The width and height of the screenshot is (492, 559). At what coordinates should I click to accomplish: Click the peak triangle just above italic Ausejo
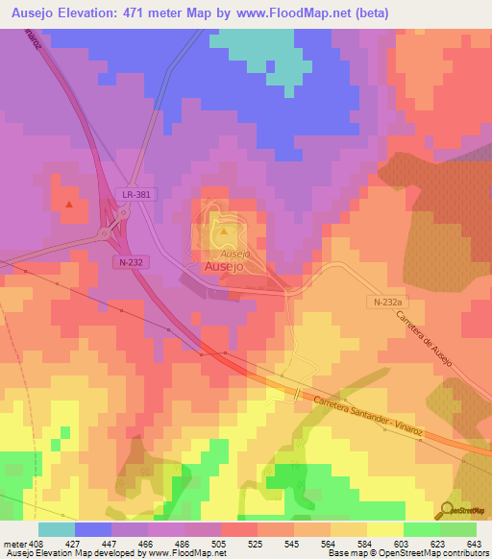point(224,231)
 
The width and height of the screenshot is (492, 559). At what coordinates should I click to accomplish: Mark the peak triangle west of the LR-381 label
point(68,204)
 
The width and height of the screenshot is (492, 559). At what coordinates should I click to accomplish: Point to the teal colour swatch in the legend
point(56,529)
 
